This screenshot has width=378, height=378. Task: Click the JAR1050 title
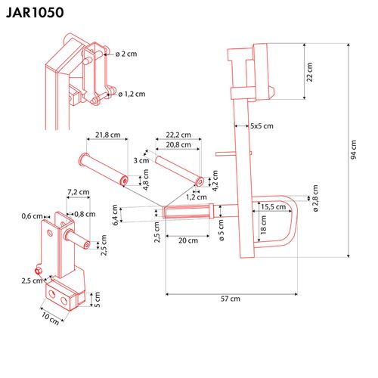tap(37, 13)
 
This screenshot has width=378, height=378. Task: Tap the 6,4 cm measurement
tap(115, 215)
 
